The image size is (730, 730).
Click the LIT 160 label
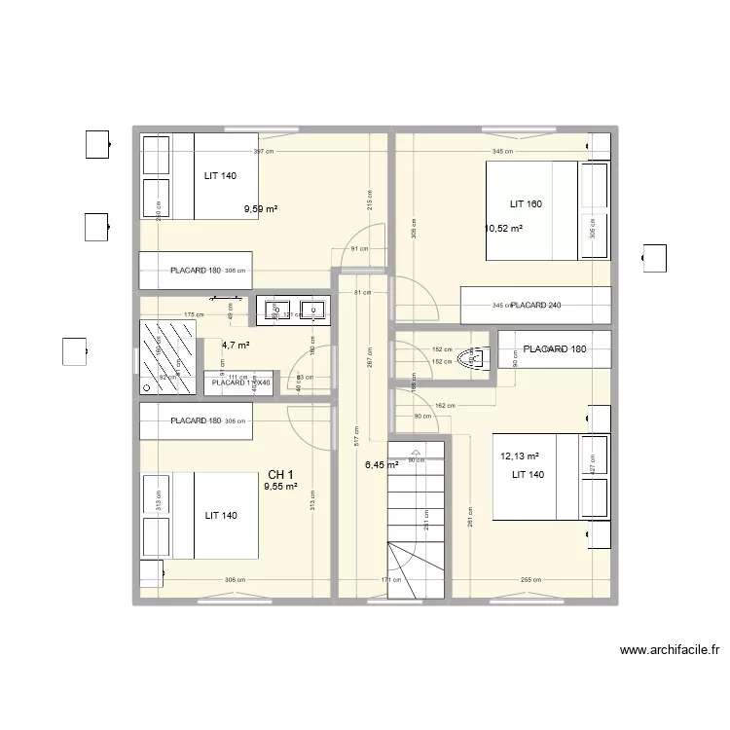(526, 204)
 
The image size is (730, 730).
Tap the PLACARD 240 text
(536, 306)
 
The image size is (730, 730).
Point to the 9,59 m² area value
(261, 208)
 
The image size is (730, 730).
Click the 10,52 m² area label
(503, 230)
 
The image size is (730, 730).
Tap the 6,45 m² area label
(382, 465)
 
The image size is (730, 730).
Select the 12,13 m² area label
(520, 456)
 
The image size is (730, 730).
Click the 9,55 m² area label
(280, 487)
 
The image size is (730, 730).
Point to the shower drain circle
(146, 386)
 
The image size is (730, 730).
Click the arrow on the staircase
(417, 454)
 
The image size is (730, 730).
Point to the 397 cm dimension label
(263, 152)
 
